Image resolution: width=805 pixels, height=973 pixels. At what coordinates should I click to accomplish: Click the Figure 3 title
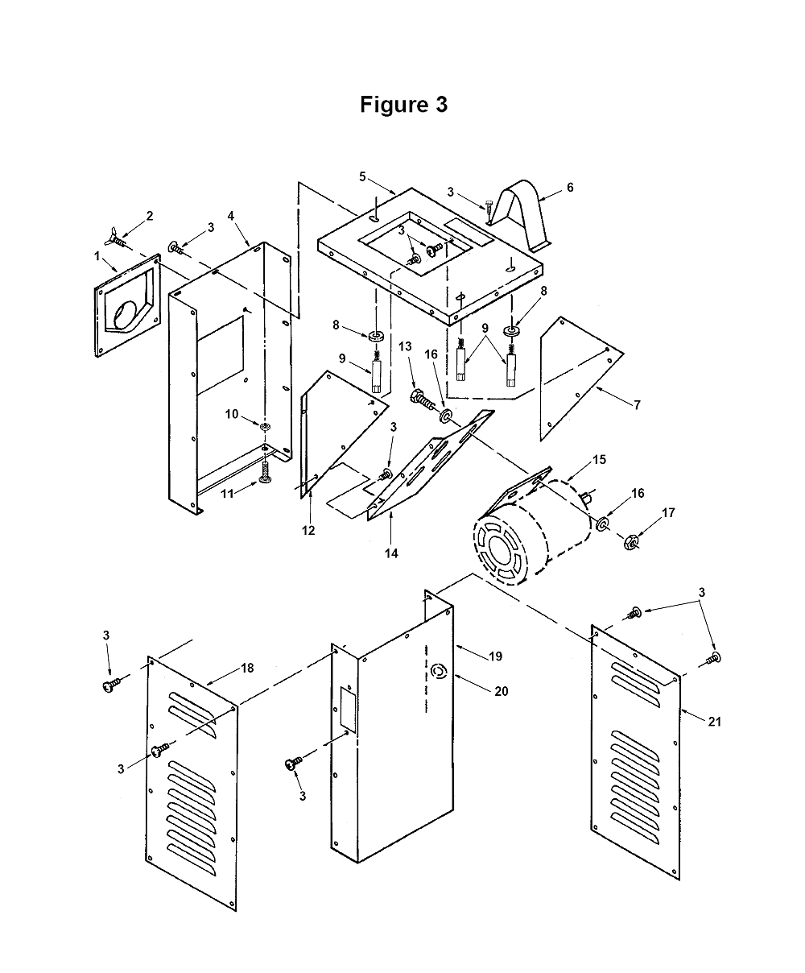tap(403, 105)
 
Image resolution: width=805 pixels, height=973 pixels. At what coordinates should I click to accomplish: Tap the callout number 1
tap(97, 256)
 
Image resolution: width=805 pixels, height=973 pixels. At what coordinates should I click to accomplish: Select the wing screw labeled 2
tap(117, 238)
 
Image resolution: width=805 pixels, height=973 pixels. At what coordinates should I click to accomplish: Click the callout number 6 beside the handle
tap(570, 187)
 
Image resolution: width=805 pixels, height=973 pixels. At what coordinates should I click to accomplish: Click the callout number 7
tap(638, 405)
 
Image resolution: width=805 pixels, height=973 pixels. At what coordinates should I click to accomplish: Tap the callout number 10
tap(232, 414)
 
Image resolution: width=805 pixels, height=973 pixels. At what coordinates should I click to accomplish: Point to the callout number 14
tap(391, 553)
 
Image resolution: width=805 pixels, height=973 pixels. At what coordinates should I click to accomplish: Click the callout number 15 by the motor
tap(599, 459)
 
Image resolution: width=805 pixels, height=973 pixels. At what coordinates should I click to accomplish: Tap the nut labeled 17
tap(632, 542)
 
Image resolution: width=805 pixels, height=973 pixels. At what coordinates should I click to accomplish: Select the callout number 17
tap(668, 512)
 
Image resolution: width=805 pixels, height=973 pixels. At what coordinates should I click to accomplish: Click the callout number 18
tap(247, 668)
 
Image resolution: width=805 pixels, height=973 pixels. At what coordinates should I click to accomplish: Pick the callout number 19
tap(496, 656)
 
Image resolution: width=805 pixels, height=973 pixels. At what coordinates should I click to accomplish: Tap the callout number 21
tap(715, 722)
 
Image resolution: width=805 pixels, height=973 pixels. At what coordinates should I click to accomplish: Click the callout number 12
tap(308, 530)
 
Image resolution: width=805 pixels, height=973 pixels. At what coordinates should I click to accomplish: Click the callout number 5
tap(362, 176)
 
